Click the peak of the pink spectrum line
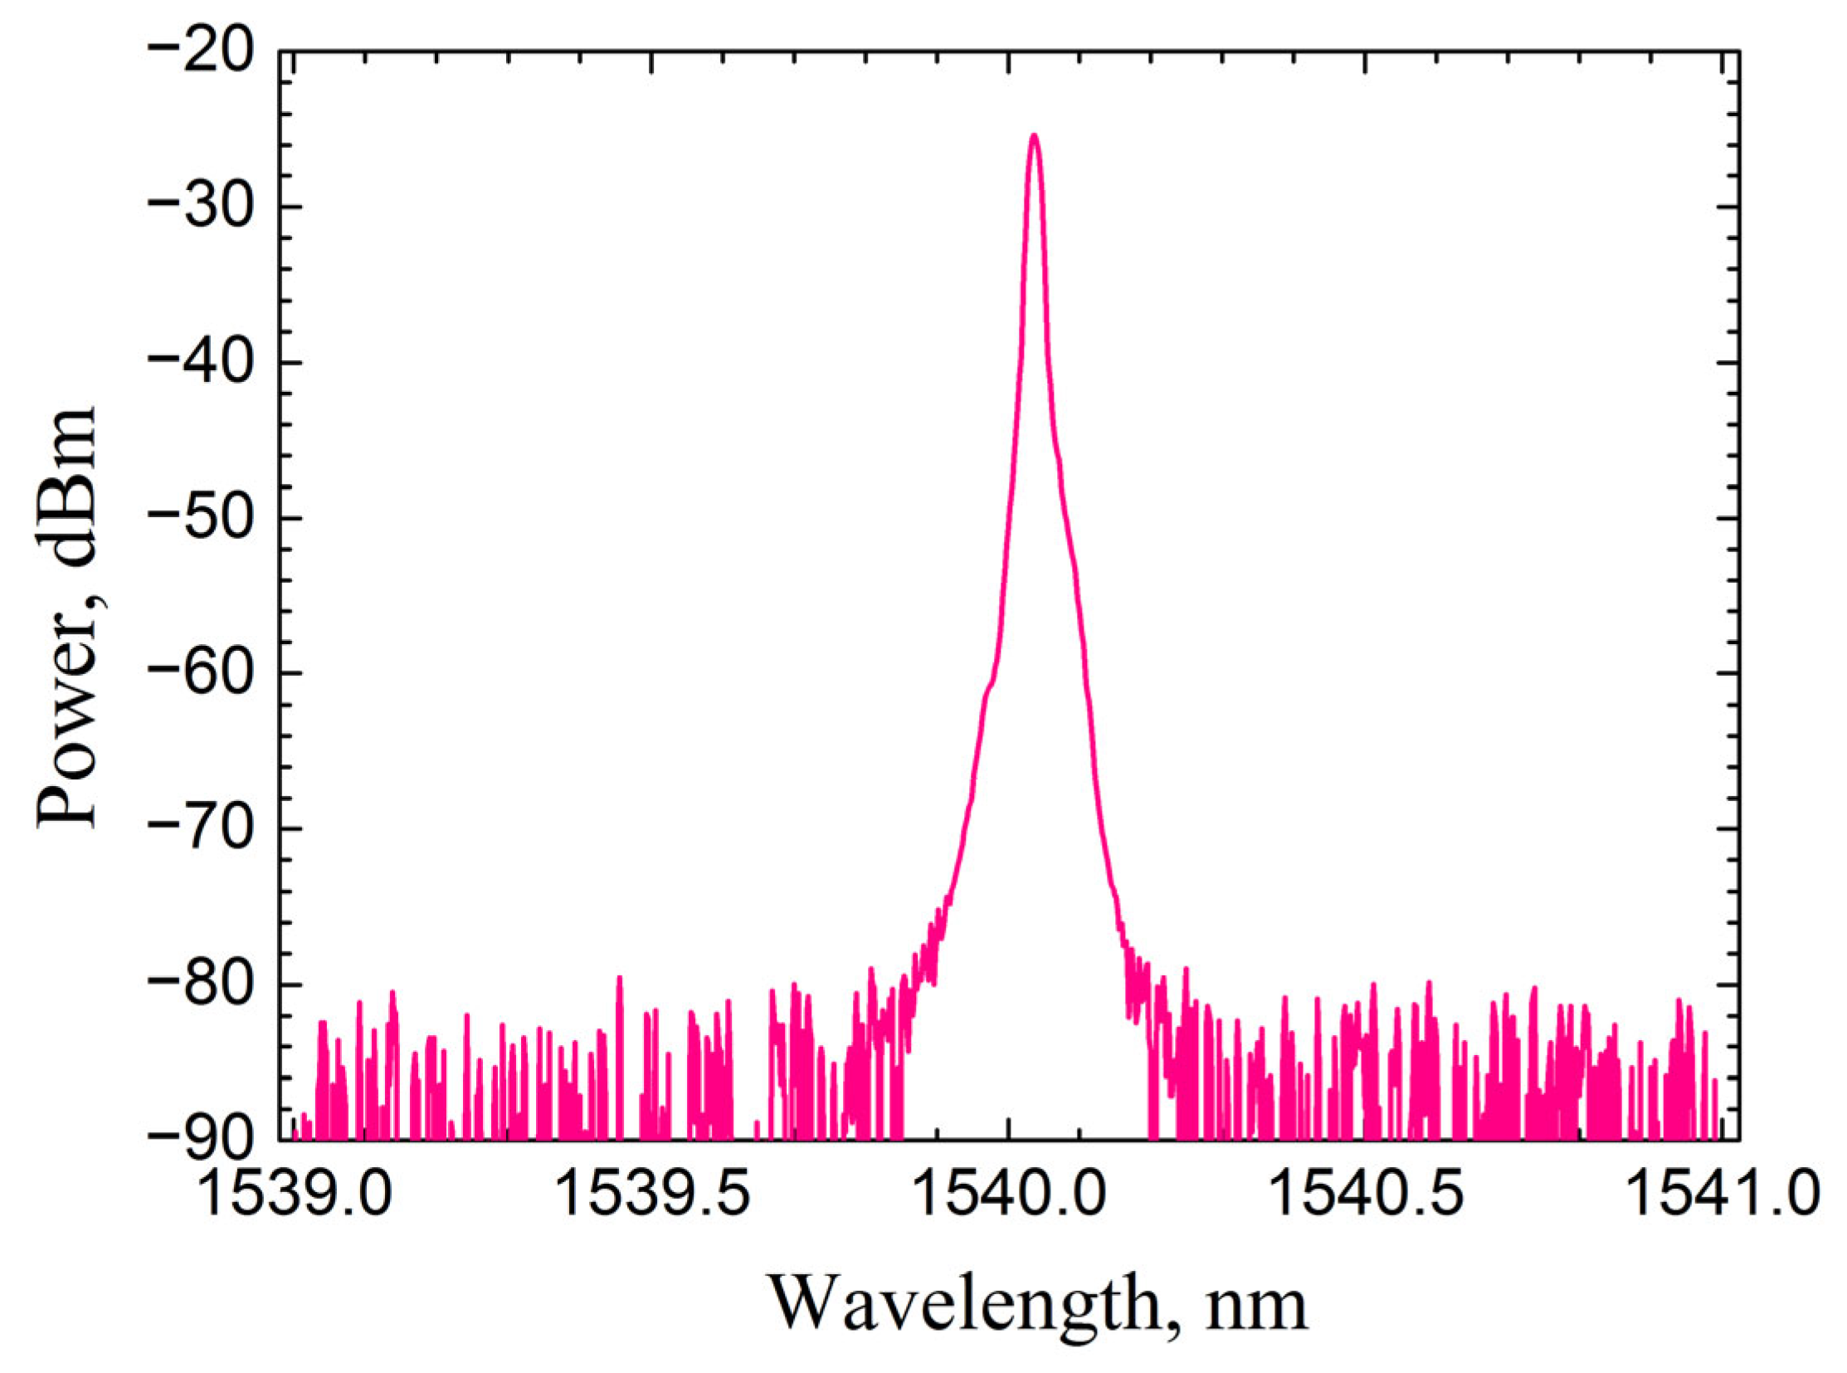1034,135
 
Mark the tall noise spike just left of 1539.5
619,980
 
